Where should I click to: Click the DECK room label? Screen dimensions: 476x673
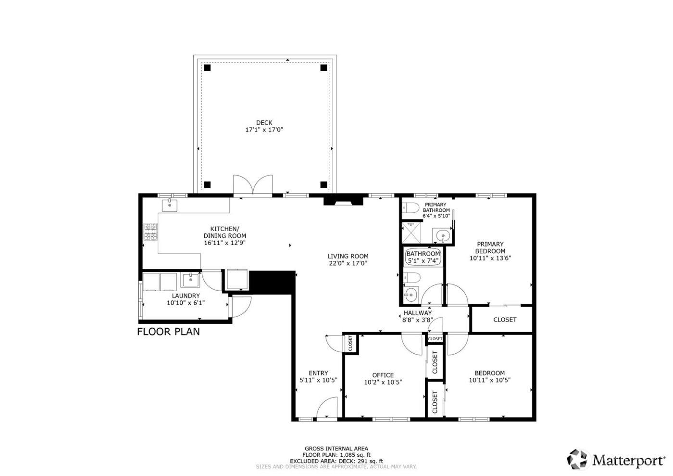point(264,123)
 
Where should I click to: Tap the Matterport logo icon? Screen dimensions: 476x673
point(578,459)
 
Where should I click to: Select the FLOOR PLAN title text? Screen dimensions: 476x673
point(168,331)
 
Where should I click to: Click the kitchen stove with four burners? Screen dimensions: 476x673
point(150,232)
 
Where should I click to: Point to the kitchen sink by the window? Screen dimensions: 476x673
point(170,206)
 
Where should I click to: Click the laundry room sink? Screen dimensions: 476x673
point(190,280)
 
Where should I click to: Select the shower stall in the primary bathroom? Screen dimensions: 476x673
point(411,232)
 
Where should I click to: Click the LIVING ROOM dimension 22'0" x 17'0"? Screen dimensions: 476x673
point(348,263)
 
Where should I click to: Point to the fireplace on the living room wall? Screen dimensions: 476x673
point(344,201)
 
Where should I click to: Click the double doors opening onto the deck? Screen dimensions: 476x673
point(253,186)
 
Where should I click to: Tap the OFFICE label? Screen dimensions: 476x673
point(383,375)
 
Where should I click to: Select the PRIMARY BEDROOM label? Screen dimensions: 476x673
point(490,247)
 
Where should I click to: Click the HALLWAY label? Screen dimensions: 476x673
point(417,313)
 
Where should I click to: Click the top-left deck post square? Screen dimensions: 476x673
point(207,68)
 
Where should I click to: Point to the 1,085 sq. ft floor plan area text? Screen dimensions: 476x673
point(355,455)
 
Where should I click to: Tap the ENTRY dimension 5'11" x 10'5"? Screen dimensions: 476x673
point(318,380)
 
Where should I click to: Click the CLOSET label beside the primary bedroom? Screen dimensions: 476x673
point(505,320)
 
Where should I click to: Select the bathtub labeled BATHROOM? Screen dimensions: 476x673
point(423,257)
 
